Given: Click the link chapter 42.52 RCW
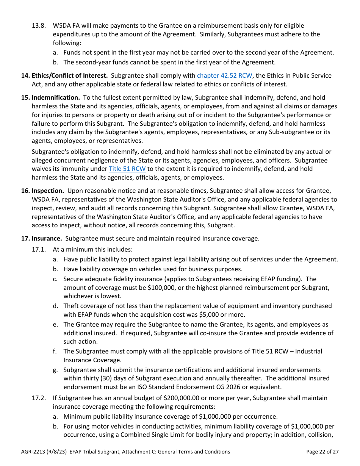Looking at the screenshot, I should [x=224, y=76].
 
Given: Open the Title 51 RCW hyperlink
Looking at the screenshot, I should [x=127, y=169].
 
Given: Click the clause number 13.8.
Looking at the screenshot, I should [x=39, y=26].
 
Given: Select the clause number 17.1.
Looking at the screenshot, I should [x=39, y=250].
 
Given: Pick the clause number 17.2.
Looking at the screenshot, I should [x=39, y=398].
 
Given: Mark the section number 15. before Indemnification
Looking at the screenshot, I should [x=25, y=98].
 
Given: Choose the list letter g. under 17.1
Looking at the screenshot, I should [x=55, y=370].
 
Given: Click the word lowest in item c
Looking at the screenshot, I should [x=112, y=297].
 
